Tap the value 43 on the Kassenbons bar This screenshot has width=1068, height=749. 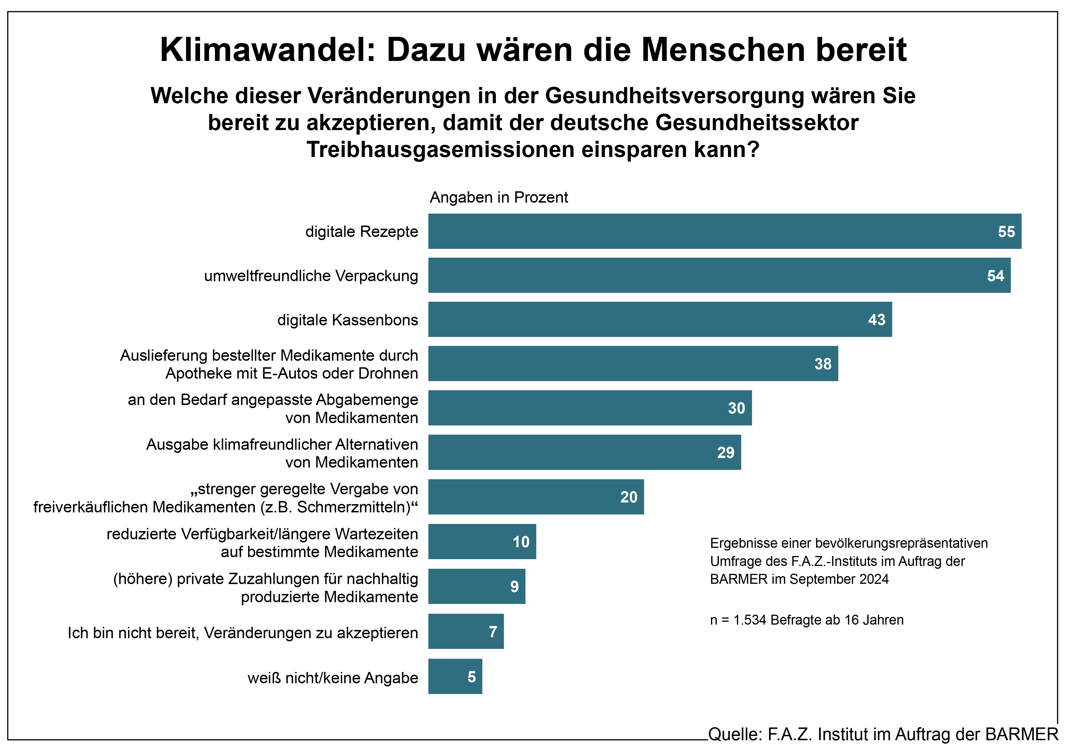click(x=876, y=320)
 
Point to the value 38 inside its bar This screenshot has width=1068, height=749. click(x=822, y=364)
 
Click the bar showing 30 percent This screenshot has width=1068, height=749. click(x=589, y=408)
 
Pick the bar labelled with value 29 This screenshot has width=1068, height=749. click(x=584, y=452)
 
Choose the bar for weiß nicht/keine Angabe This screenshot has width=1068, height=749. click(x=455, y=676)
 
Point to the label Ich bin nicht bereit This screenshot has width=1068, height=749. click(x=242, y=633)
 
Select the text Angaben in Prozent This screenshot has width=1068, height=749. click(x=499, y=197)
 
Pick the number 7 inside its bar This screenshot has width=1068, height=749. click(x=492, y=632)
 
